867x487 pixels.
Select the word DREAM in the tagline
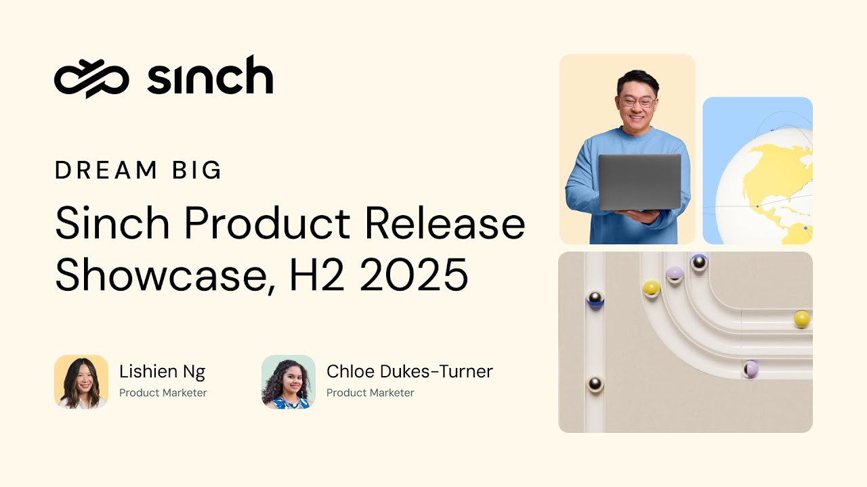tap(102, 170)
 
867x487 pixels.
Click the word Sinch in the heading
tap(112, 223)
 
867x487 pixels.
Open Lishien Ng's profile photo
tap(81, 382)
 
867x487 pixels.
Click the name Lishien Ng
tap(162, 371)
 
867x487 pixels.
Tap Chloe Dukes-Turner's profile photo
tap(289, 382)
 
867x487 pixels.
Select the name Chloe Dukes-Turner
tap(409, 371)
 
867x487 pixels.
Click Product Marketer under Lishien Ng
tap(163, 392)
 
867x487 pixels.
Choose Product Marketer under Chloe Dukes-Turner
tap(370, 392)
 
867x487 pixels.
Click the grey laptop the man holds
tap(639, 181)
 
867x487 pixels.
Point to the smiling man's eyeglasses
tap(637, 102)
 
